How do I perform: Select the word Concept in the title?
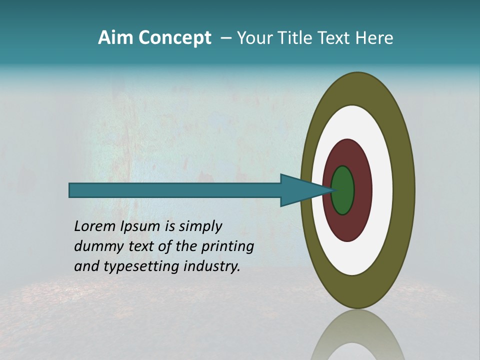[174, 38]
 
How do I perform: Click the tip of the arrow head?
[334, 190]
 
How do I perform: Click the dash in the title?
[225, 38]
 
